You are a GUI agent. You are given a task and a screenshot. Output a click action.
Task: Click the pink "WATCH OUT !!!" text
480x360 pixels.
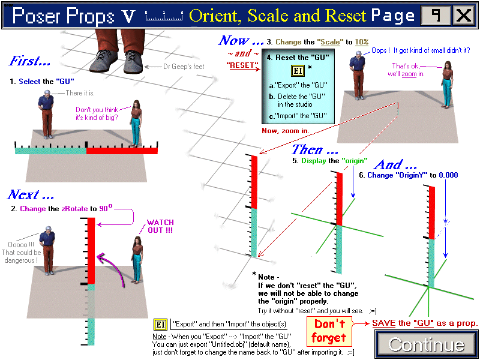(160, 226)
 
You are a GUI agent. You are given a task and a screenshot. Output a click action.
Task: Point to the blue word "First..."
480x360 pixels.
(30, 61)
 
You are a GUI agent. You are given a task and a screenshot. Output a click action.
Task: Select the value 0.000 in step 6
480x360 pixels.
(448, 175)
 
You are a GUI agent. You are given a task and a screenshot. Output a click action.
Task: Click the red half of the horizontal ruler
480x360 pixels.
(122, 151)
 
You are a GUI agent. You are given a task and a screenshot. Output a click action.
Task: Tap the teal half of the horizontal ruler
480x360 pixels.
(50, 151)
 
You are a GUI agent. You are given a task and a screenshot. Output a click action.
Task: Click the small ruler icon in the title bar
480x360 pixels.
(164, 16)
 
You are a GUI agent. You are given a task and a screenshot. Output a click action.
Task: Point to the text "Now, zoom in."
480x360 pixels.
(286, 131)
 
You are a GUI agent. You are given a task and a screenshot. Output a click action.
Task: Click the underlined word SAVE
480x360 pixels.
(384, 323)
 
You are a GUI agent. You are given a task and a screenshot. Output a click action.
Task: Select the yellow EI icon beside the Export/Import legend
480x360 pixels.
(159, 324)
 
